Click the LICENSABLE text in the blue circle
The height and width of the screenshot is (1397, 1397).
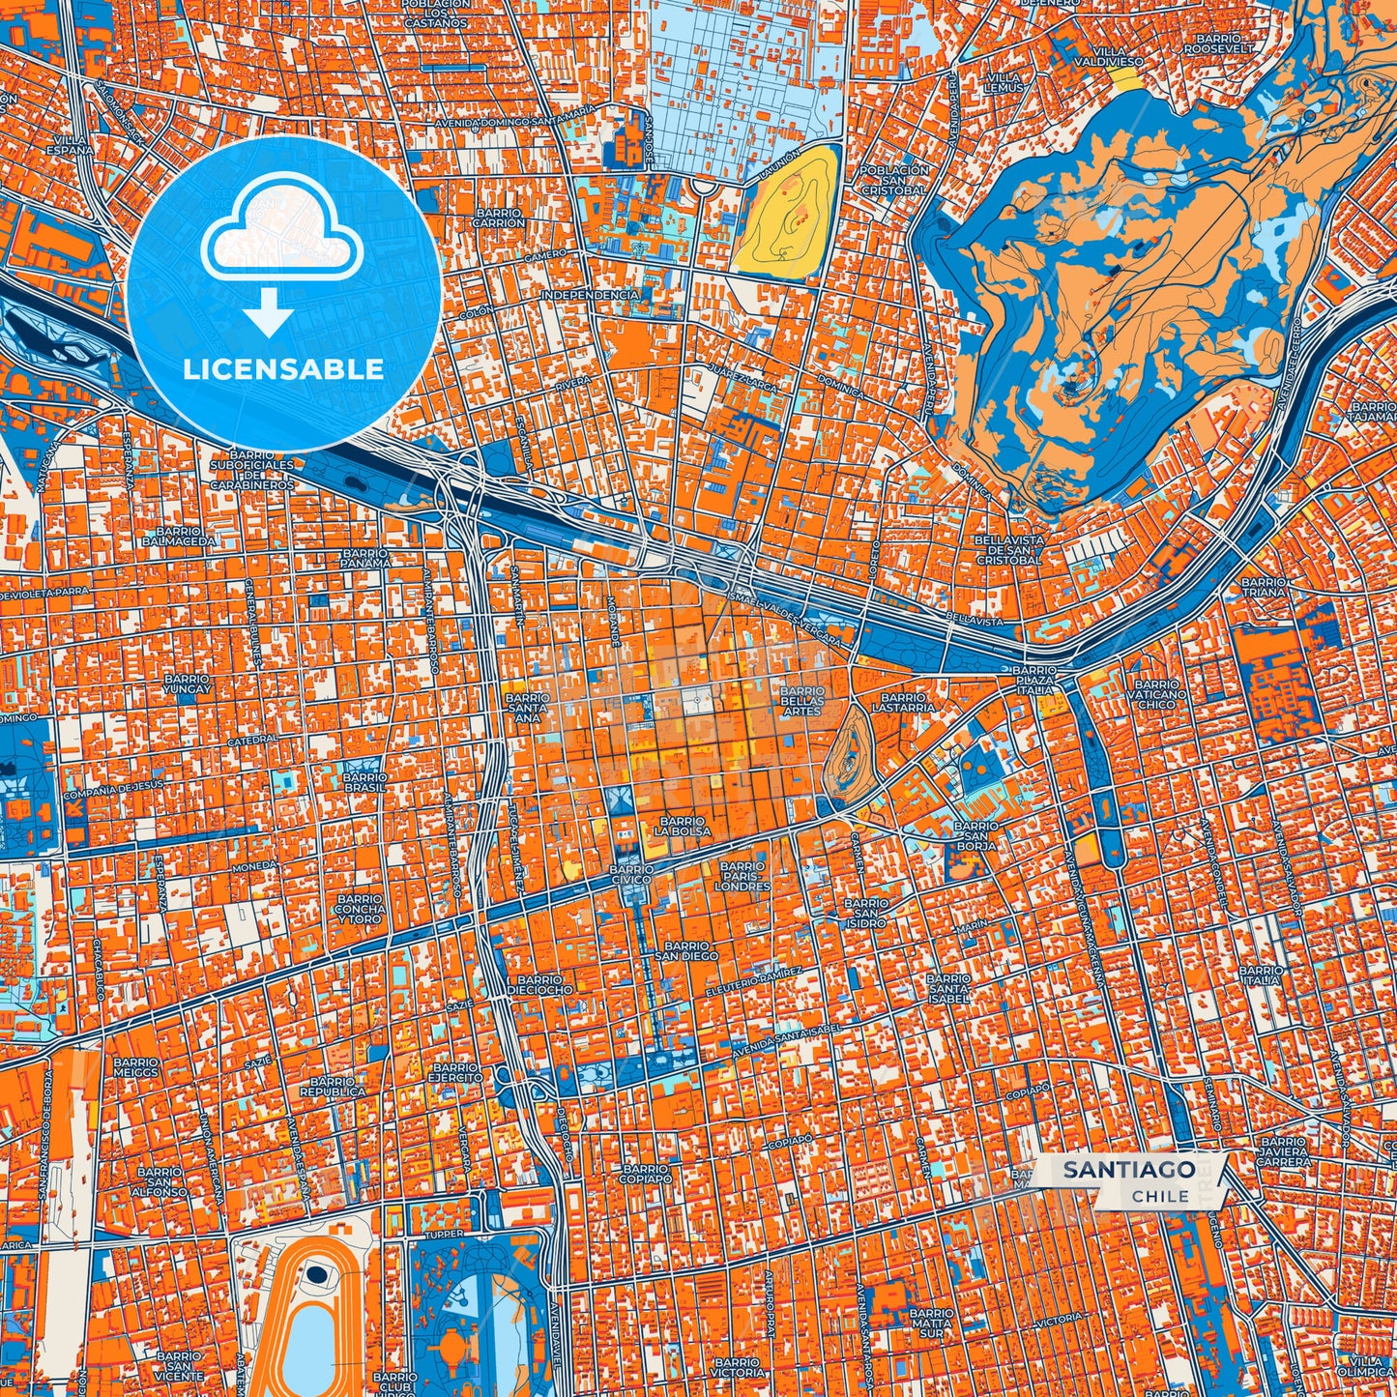pos(284,369)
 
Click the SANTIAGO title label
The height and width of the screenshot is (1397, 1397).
pos(1128,1170)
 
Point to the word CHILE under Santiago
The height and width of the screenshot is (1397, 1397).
pos(1160,1196)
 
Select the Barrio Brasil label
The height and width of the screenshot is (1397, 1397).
pos(364,782)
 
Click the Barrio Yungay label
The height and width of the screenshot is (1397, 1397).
pos(187,685)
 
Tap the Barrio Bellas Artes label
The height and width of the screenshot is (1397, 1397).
pos(802,701)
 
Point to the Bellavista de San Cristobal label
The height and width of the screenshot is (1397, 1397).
pos(1008,548)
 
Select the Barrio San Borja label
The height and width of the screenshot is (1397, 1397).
pos(976,836)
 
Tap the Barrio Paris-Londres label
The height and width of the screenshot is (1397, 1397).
pos(743,876)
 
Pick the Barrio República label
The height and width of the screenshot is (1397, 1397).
pos(333,1086)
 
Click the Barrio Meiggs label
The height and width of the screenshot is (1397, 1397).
pos(134,1067)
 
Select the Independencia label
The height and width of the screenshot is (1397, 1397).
pos(590,294)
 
